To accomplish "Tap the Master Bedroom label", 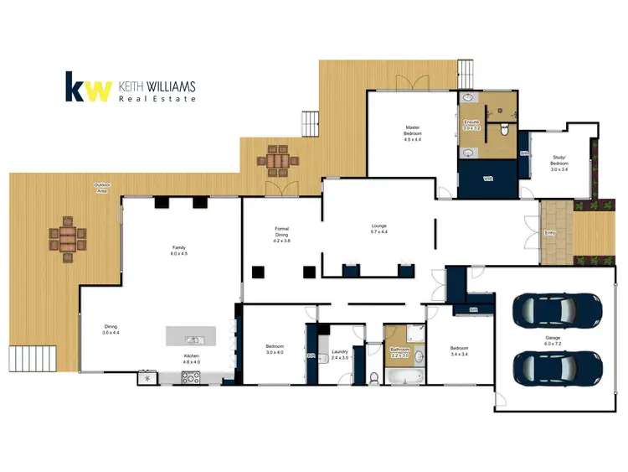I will point(412,134).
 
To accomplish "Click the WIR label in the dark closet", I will point(487,178).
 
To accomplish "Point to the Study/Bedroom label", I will point(559,163).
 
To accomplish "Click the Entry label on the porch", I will point(550,232).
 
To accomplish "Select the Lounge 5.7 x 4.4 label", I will point(378,229).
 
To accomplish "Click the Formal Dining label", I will point(281,234).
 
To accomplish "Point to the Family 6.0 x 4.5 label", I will point(179,251).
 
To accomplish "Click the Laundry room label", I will point(339,355).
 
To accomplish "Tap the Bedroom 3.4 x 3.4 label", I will point(457,350).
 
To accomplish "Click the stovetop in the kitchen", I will point(192,377).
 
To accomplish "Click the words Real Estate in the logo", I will point(157,98).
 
